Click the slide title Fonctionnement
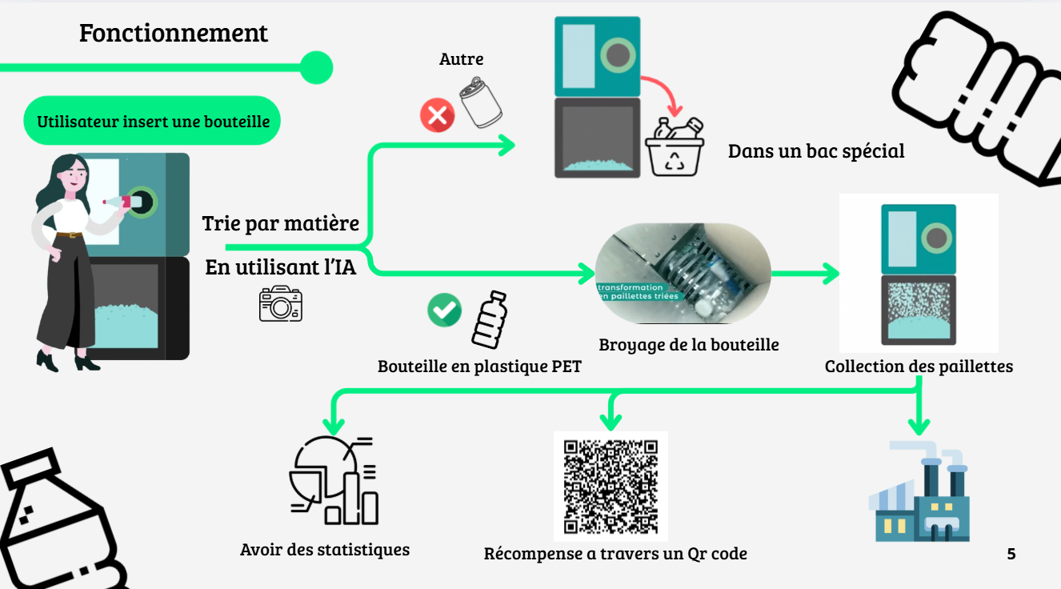coord(174,34)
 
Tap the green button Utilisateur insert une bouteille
coord(153,122)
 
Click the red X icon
coord(437,116)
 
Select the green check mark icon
coord(444,310)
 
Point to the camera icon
coord(280,305)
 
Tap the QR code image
coord(611,487)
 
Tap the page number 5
coord(1011,554)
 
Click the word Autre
coord(462,59)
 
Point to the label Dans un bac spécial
coord(816,150)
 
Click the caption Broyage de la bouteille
coord(689,345)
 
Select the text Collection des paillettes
coord(919,367)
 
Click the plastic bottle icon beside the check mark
coord(489,320)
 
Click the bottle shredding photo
coord(683,274)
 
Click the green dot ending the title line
coord(315,68)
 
